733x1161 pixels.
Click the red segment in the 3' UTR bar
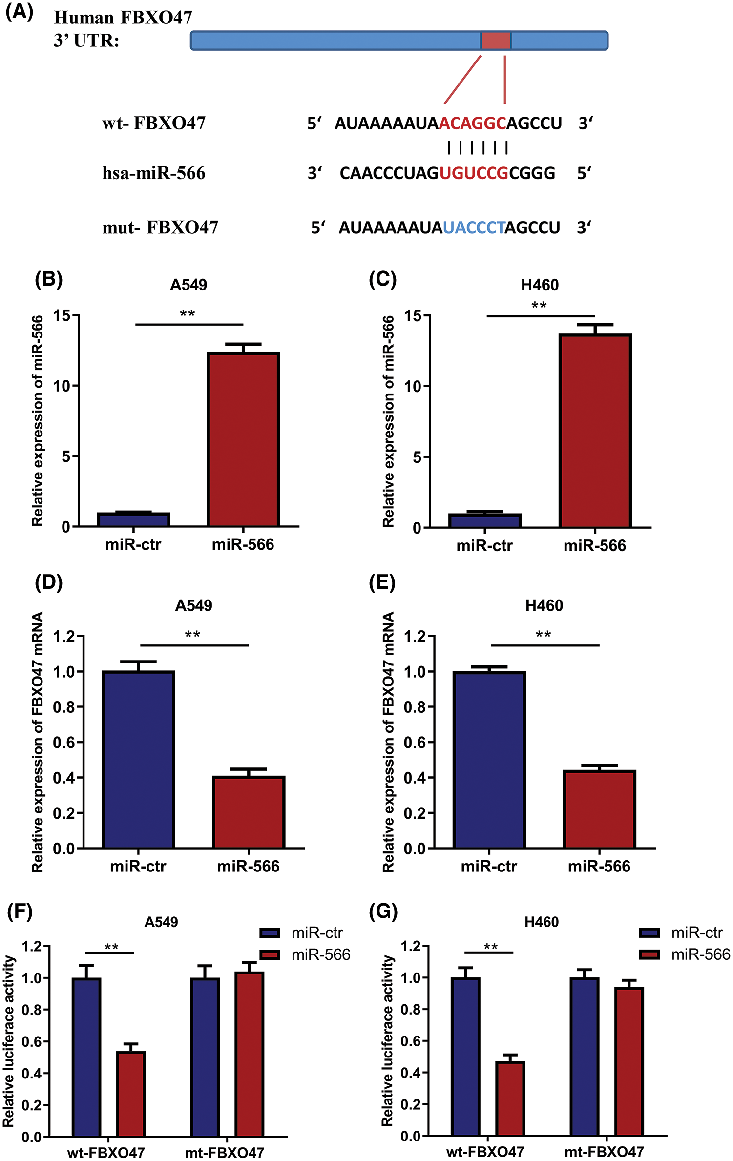(x=496, y=41)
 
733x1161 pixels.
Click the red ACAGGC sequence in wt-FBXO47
(x=472, y=124)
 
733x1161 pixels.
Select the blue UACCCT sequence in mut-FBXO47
(x=474, y=228)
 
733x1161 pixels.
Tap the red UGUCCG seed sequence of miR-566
(x=474, y=173)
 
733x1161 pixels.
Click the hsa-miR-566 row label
(x=154, y=173)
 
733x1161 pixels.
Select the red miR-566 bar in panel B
(x=243, y=439)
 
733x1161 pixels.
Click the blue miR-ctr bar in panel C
(x=484, y=521)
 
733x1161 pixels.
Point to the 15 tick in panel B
(x=62, y=316)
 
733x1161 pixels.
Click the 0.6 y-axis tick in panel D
(x=64, y=743)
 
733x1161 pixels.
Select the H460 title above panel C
(x=540, y=285)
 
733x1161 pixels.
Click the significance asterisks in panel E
(x=543, y=635)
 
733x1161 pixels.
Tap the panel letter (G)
(x=383, y=911)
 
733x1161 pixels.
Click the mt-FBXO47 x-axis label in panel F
(x=225, y=1153)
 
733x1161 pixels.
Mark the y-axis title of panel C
(x=389, y=421)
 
